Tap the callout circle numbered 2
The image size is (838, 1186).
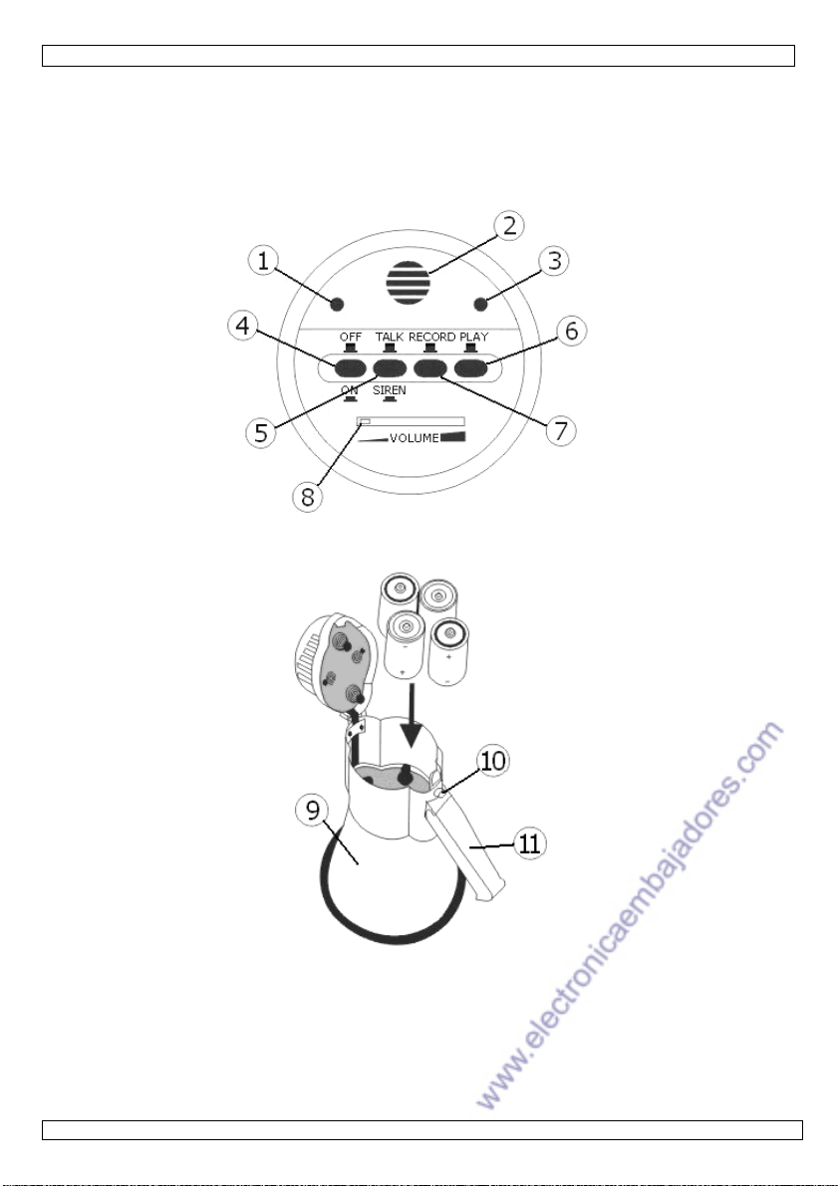(509, 226)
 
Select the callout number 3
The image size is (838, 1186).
(554, 261)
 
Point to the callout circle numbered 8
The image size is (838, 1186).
(307, 497)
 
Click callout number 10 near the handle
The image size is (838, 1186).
(493, 760)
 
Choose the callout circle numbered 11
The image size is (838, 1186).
(530, 842)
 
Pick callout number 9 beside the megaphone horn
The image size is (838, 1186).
(312, 811)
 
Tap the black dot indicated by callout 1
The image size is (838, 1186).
(338, 305)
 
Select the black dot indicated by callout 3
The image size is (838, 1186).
(479, 305)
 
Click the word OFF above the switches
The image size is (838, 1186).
(351, 337)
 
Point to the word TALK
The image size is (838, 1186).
(390, 337)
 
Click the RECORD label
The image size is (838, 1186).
(432, 337)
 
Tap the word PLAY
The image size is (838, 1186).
(474, 337)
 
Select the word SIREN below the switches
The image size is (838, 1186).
(389, 391)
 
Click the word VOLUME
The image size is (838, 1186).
(415, 438)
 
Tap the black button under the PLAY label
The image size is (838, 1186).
(470, 368)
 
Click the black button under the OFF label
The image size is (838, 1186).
(349, 368)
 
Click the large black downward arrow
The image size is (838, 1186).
(412, 716)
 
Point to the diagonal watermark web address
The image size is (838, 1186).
(630, 915)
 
